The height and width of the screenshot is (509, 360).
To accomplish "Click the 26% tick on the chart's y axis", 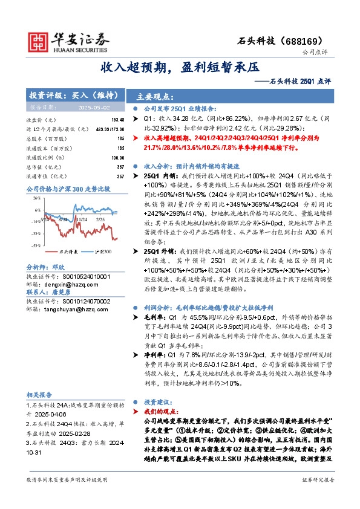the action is pyautogui.click(x=37, y=198).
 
